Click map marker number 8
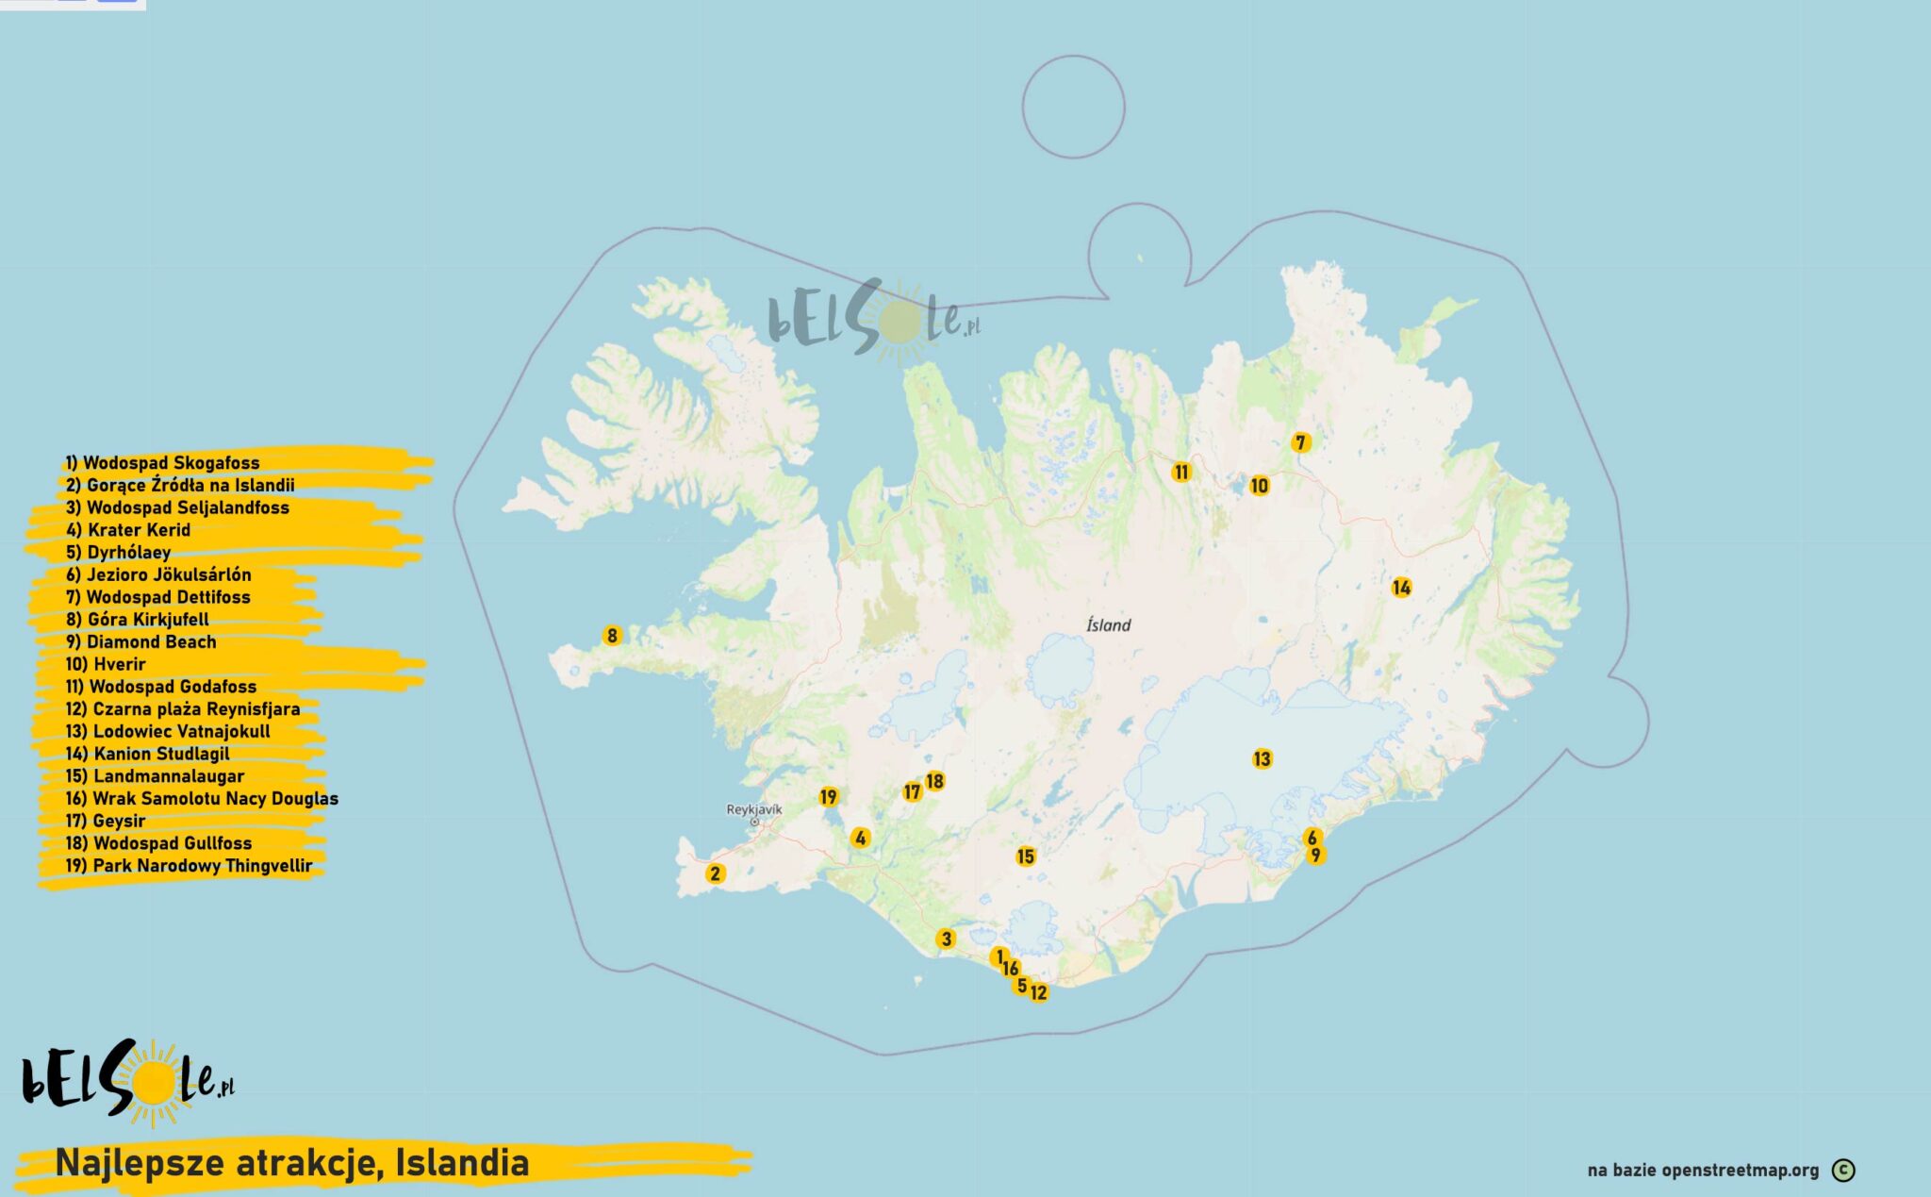[x=612, y=636]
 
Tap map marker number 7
[x=1300, y=442]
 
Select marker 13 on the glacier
[x=1262, y=759]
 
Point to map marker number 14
[x=1401, y=588]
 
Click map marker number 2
[x=715, y=873]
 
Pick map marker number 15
[x=1026, y=856]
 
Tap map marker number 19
[x=828, y=797]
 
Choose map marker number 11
[x=1181, y=472]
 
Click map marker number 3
[x=946, y=939]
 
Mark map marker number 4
[x=859, y=838]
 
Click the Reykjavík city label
[x=753, y=809]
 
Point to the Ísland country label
[x=1108, y=624]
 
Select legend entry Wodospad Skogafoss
[x=162, y=463]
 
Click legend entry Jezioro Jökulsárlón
[x=158, y=574]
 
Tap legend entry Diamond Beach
[x=141, y=642]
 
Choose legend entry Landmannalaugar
[x=155, y=776]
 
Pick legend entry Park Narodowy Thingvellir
[x=189, y=866]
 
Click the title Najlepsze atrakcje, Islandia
[x=292, y=1163]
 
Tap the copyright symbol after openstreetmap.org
[x=1842, y=1171]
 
